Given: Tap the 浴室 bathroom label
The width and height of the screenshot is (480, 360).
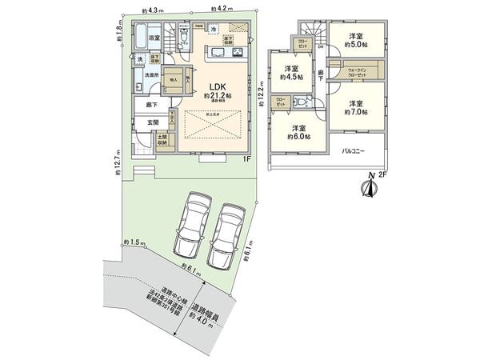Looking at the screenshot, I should [151, 38].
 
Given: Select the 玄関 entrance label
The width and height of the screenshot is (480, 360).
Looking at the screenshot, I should [152, 122].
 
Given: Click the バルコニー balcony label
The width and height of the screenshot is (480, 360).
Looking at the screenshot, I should [355, 150].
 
